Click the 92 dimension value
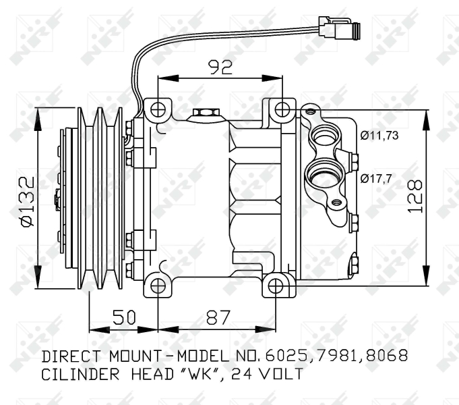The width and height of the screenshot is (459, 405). click(220, 67)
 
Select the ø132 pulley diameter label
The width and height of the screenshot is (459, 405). click(28, 201)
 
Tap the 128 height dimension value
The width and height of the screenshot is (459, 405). click(415, 196)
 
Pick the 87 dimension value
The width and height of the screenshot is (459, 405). click(218, 317)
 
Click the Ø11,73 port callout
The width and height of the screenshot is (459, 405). click(379, 136)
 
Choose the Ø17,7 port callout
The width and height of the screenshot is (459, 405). click(376, 178)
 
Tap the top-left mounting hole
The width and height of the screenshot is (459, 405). click(158, 109)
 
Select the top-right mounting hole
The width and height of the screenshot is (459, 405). click(282, 109)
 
